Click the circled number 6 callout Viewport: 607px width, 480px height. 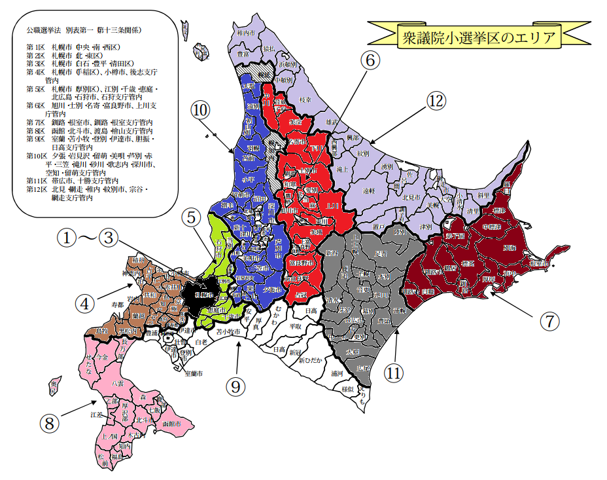370,61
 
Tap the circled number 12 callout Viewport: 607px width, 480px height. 436,101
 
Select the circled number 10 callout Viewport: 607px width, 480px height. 200,107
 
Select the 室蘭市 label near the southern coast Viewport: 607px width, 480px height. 194,373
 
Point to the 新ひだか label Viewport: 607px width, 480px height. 310,361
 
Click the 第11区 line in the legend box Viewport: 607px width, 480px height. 72,180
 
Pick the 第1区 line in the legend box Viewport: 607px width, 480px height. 72,47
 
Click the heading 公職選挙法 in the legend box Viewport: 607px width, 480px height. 44,30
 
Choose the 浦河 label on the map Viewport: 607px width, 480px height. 337,374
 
